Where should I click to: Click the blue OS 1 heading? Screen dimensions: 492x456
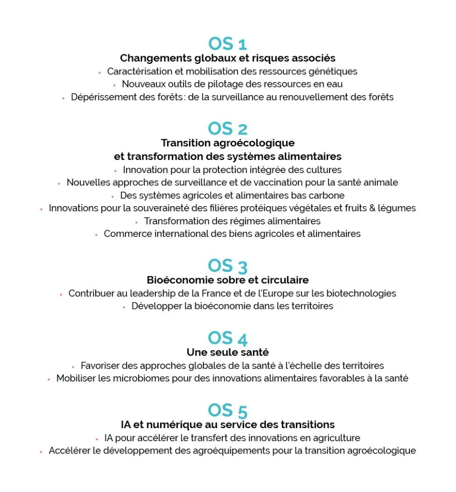coord(228,44)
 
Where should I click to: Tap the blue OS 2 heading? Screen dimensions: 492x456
coord(228,129)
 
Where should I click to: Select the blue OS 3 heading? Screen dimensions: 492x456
coord(228,266)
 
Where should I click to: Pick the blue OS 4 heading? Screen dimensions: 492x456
coord(228,338)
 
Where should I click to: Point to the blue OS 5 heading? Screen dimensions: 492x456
coord(228,410)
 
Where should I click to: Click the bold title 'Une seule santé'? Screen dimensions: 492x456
coord(228,352)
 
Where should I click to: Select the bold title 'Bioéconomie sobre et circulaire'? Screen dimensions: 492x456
coord(228,280)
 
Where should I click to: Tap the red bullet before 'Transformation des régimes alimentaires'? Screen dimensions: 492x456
coord(137,222)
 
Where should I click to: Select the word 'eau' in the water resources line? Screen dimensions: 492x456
coord(335,84)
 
